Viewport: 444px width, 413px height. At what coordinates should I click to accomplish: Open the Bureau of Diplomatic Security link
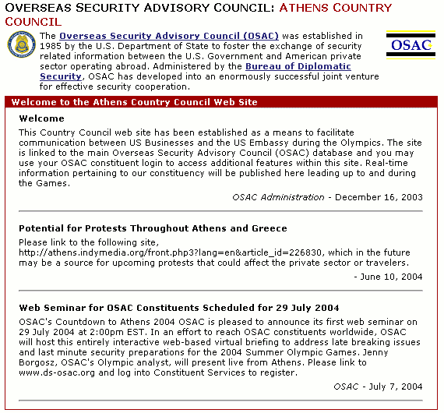pos(285,67)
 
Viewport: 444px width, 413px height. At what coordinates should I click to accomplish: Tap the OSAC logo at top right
pos(411,44)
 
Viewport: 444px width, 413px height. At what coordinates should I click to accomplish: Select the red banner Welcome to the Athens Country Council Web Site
pos(134,103)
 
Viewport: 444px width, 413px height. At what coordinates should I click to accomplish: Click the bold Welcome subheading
pos(41,119)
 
